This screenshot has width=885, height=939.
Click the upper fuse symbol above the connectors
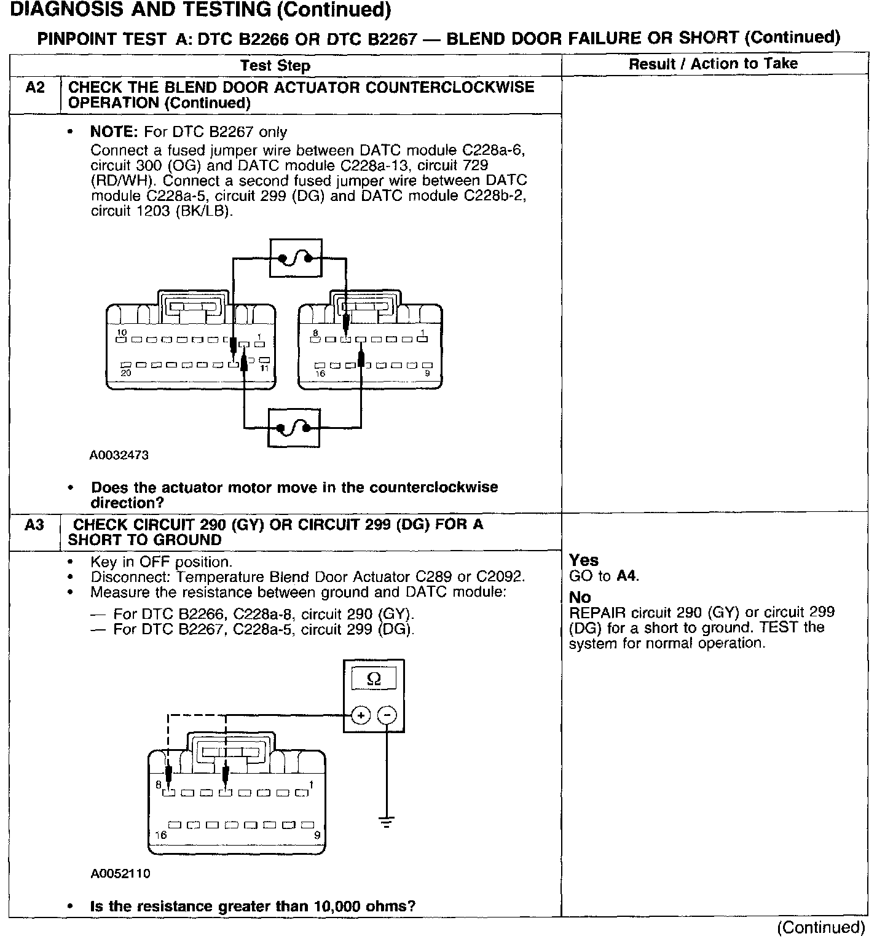[296, 258]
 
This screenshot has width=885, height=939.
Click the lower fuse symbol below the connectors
[294, 428]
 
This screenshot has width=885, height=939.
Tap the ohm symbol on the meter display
[373, 679]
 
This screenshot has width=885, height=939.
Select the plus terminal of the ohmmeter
[361, 715]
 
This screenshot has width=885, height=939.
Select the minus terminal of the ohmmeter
[387, 715]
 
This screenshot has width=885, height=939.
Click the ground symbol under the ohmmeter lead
[387, 822]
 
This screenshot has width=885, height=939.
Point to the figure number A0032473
[119, 455]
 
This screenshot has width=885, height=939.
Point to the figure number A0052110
[120, 873]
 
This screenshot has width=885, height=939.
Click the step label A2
[35, 87]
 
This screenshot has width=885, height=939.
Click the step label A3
[35, 525]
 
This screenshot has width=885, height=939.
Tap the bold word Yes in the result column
[583, 560]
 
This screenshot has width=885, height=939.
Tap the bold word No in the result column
[580, 597]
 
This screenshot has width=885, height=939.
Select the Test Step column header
[275, 66]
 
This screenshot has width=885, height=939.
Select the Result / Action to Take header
[713, 64]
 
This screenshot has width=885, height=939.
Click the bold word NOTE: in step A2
[114, 132]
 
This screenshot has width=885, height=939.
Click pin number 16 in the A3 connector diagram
[160, 835]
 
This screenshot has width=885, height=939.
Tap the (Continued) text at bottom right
[821, 927]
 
